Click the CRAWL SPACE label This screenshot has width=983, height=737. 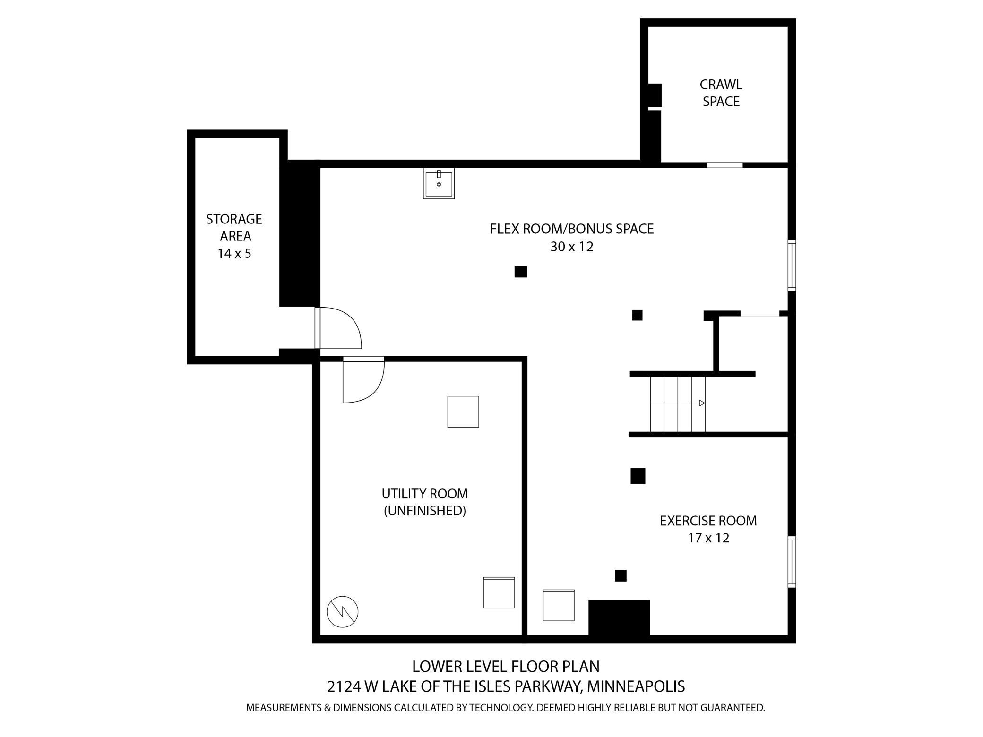pyautogui.click(x=721, y=93)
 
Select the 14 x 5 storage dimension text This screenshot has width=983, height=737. pyautogui.click(x=234, y=254)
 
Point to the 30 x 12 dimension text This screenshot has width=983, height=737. pyautogui.click(x=571, y=247)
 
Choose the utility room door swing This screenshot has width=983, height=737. pyautogui.click(x=362, y=381)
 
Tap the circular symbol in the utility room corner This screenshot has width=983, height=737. pyautogui.click(x=343, y=612)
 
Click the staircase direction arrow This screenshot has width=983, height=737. pyautogui.click(x=702, y=403)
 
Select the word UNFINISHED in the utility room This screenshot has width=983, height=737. pyautogui.click(x=424, y=511)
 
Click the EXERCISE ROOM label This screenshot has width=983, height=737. pyautogui.click(x=708, y=521)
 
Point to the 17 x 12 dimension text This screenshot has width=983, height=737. pyautogui.click(x=708, y=538)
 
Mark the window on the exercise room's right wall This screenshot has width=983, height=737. pyautogui.click(x=792, y=562)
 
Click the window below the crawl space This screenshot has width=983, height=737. pyautogui.click(x=724, y=165)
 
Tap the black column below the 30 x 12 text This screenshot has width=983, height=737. pyautogui.click(x=520, y=272)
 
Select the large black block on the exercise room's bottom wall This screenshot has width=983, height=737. pyautogui.click(x=619, y=617)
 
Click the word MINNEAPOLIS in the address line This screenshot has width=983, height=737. pyautogui.click(x=636, y=686)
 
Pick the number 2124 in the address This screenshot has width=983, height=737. pyautogui.click(x=344, y=686)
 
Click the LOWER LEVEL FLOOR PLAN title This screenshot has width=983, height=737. pyautogui.click(x=506, y=667)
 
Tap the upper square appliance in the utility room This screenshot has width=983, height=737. pyautogui.click(x=463, y=411)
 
